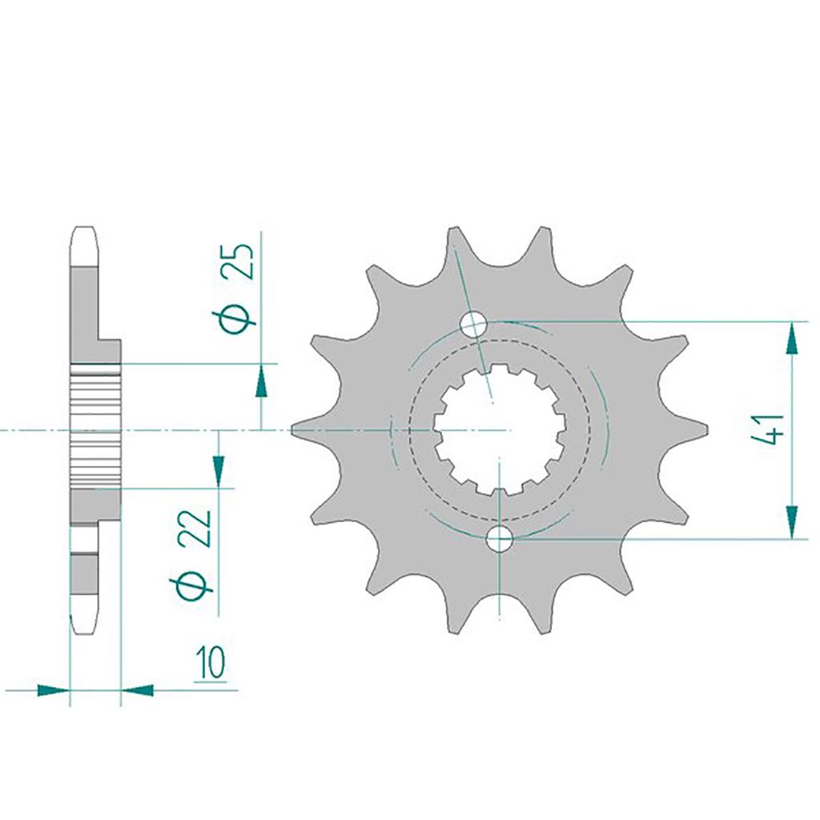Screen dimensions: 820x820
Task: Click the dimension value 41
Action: coord(767,429)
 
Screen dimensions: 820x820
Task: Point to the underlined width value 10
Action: coord(211,663)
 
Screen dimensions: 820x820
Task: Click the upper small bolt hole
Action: coord(473,324)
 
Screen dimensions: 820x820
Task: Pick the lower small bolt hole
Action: coord(500,539)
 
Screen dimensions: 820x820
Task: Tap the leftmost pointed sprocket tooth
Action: coord(314,430)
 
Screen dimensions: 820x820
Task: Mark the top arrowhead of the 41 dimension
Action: coord(792,339)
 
